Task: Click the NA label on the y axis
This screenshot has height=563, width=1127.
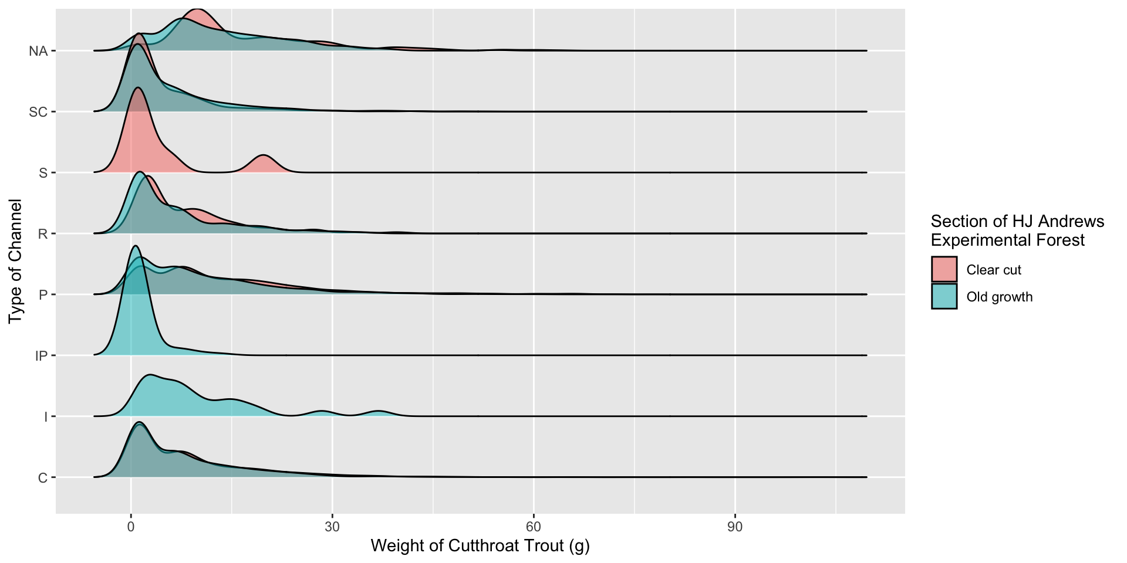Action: tap(38, 52)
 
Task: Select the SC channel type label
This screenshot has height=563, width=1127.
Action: tap(38, 112)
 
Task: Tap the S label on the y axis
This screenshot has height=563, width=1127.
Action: tap(43, 173)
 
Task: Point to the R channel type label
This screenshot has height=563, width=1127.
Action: tap(42, 234)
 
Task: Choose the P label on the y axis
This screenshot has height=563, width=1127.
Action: tap(43, 295)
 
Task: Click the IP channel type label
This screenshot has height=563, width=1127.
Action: tap(41, 356)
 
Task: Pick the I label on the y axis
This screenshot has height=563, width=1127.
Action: tap(46, 417)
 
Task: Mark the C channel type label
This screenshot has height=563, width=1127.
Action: tap(42, 478)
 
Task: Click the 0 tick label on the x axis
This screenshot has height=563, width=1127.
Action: tap(131, 527)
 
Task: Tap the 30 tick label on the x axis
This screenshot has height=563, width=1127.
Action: tap(332, 527)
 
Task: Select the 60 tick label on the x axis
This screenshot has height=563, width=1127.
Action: tap(534, 527)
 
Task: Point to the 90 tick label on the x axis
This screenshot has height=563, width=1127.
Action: tap(735, 527)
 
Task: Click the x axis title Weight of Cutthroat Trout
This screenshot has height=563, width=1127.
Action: tap(480, 546)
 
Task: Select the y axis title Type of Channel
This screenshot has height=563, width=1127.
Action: tap(16, 262)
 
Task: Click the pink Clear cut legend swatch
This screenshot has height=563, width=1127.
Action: tap(944, 270)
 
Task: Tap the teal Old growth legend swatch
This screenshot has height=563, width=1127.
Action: tap(944, 297)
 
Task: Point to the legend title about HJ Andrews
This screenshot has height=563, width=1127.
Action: tap(1017, 230)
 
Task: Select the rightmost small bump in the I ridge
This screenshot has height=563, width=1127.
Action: tap(379, 413)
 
